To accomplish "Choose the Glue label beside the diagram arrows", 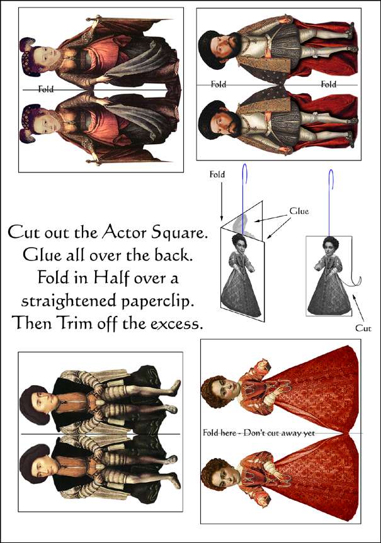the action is coord(299,211).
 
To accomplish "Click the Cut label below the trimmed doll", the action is coord(363,328).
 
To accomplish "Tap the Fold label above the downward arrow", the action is coord(217,174).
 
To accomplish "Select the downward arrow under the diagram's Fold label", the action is coord(222,201).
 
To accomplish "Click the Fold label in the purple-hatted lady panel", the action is coord(46,89).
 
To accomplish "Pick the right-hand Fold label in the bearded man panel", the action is coord(328,84).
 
